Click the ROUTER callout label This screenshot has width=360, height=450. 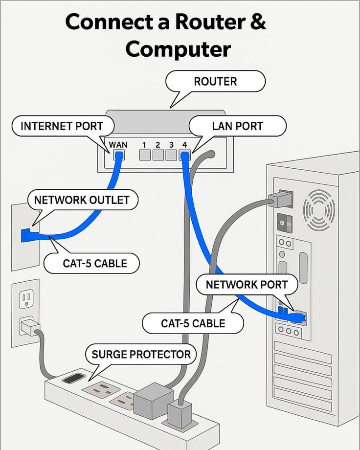(x=215, y=81)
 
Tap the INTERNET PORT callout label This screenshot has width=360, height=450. (x=62, y=126)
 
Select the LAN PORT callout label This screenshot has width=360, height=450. (x=238, y=126)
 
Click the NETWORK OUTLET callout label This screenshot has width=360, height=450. (x=82, y=200)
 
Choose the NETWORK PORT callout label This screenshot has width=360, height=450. (x=247, y=284)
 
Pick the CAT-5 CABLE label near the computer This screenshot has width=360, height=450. (x=193, y=323)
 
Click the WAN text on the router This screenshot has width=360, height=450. (x=118, y=145)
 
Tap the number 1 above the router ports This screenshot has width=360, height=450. (x=144, y=145)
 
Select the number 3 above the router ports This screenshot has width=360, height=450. (x=171, y=145)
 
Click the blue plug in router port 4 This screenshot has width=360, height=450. (x=184, y=156)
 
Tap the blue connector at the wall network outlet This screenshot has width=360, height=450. (x=26, y=235)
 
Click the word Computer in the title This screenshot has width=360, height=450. (x=178, y=49)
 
